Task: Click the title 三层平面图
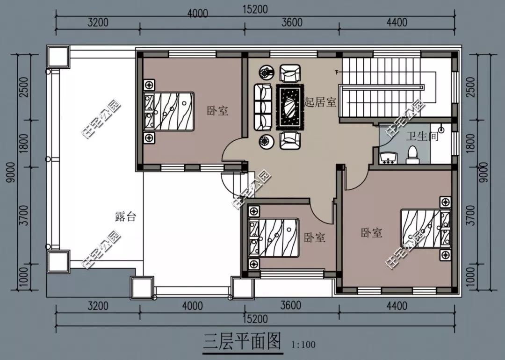(243, 342)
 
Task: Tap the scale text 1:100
(303, 345)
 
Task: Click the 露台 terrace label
(125, 216)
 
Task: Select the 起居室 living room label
(320, 102)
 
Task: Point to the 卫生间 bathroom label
(421, 137)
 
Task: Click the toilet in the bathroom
(412, 154)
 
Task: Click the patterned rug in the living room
(290, 107)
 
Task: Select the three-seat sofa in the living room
(263, 107)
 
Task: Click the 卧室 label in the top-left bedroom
(217, 111)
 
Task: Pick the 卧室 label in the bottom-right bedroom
(372, 232)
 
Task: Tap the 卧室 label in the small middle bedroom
(314, 238)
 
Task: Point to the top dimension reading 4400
(396, 22)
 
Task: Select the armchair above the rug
(290, 73)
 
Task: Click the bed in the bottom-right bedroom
(425, 229)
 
